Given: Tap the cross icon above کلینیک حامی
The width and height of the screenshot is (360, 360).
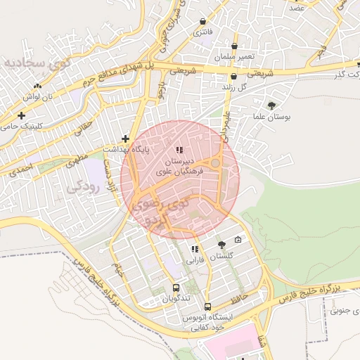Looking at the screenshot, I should [22, 115].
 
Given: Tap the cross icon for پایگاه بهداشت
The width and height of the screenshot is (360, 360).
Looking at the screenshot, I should [125, 139].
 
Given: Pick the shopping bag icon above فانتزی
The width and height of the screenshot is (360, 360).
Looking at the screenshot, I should [204, 22].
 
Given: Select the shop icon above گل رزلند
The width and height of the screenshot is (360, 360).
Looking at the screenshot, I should [233, 77].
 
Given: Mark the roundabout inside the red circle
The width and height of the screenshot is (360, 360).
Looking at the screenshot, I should [215, 164].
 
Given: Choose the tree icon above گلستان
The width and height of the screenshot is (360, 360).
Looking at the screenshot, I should [222, 245].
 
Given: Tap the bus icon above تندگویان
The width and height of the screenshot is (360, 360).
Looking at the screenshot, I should [176, 287].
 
